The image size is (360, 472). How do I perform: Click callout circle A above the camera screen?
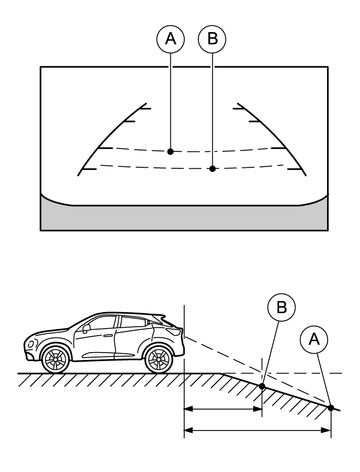click(170, 39)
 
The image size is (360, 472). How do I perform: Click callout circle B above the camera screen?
click(212, 39)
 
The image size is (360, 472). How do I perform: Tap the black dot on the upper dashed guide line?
click(170, 151)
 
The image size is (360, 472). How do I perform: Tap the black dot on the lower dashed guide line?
click(212, 169)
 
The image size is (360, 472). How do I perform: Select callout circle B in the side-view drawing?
click(282, 307)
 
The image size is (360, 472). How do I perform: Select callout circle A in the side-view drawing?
click(314, 340)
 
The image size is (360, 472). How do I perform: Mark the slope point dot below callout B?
click(262, 386)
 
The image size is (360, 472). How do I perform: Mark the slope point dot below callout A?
click(331, 408)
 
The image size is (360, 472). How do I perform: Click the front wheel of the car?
click(55, 359)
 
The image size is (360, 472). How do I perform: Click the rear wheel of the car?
click(159, 359)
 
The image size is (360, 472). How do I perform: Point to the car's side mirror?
click(86, 328)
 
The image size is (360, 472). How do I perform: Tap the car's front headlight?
click(32, 343)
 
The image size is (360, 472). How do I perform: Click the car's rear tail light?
click(175, 332)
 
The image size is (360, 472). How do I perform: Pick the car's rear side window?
click(133, 322)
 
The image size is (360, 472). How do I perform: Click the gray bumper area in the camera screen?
click(184, 217)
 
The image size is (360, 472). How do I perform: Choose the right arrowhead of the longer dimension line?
click(326, 430)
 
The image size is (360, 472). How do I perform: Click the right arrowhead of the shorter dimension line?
click(258, 409)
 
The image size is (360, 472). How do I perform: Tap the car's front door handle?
click(107, 335)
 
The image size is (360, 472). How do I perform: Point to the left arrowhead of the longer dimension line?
click(189, 430)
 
